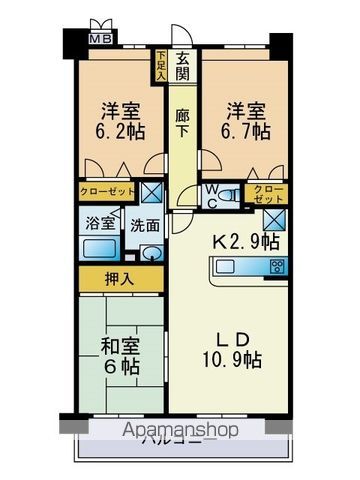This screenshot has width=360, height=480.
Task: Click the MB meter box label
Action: click(x=102, y=38)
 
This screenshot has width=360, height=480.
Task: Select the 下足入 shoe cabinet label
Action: click(x=161, y=64)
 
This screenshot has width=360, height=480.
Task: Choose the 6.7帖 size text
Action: click(x=244, y=130)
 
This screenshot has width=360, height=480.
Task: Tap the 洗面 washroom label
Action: click(x=145, y=226)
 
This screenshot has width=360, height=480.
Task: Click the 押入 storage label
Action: click(x=122, y=279)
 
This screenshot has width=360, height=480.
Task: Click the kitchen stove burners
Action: click(x=276, y=266)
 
